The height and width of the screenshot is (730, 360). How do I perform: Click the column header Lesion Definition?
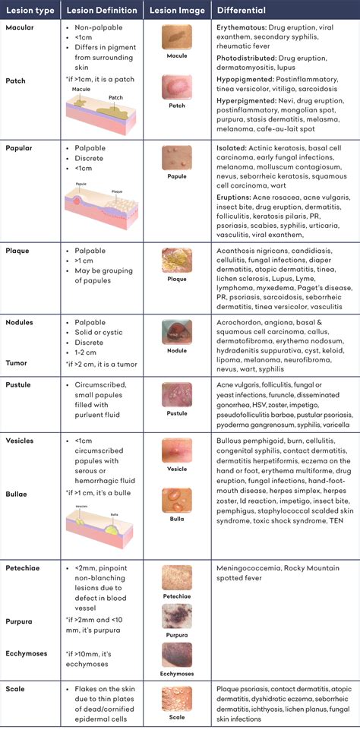coord(102,11)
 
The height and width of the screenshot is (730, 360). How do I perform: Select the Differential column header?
coord(242,11)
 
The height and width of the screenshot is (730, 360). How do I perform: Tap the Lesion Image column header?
coord(176,11)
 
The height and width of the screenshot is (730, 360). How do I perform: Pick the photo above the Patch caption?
coord(176,87)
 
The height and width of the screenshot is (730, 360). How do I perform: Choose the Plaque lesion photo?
coord(176,261)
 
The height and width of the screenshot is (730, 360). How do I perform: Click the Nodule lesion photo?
coord(176,332)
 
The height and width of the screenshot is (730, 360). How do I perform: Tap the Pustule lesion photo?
coord(176,396)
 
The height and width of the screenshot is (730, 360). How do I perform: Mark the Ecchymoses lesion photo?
coord(176,657)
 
